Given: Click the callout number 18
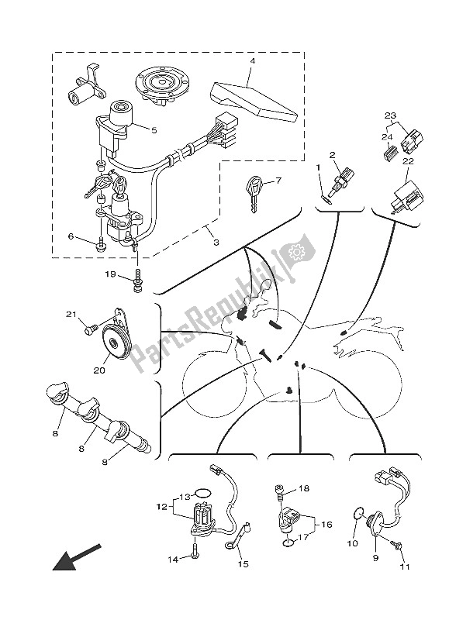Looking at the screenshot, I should point(304,489).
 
